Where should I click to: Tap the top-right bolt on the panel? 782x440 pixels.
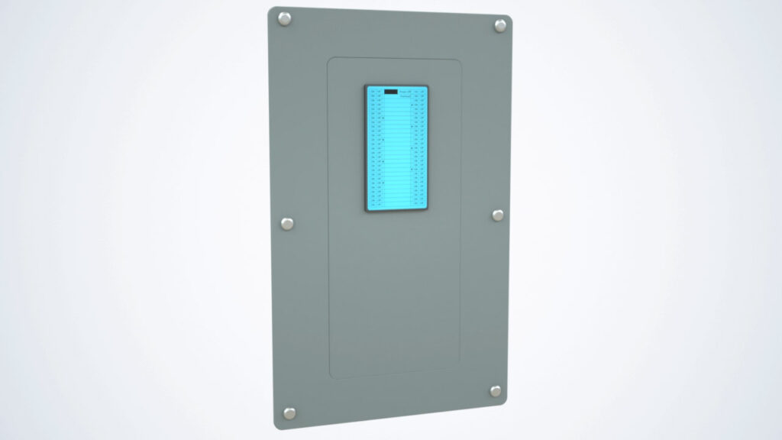tap(500, 25)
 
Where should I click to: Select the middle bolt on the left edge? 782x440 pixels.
tap(287, 223)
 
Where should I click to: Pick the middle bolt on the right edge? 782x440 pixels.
tap(498, 215)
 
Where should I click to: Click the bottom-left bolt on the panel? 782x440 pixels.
tap(290, 412)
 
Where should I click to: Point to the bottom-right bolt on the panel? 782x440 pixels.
tap(496, 391)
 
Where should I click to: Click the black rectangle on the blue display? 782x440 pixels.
tap(390, 92)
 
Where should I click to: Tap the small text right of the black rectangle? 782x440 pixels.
tap(406, 93)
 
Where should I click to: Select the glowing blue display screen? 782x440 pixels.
tap(396, 149)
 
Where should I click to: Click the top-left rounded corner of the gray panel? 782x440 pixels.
tap(270, 11)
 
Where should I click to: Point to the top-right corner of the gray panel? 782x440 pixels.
tap(509, 18)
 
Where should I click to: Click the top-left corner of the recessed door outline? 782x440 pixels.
tap(329, 60)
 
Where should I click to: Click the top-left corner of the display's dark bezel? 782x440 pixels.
tap(365, 86)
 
